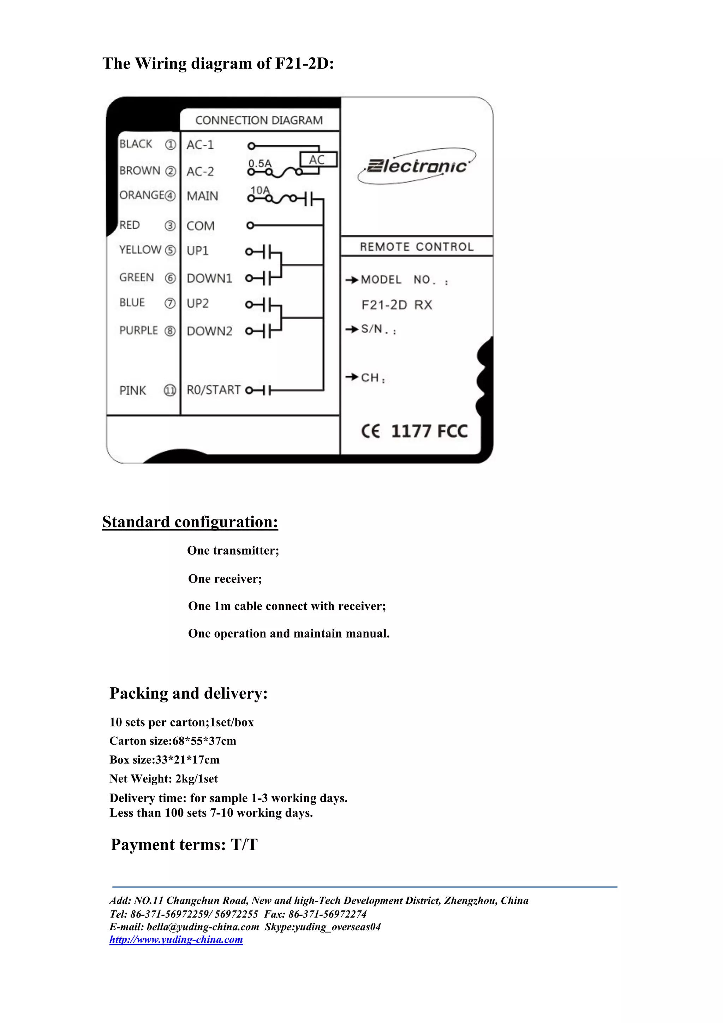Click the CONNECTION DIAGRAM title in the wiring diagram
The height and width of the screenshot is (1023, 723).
coord(259,120)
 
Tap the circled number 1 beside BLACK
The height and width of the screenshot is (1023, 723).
coord(171,145)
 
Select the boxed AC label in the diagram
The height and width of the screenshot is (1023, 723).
coord(317,160)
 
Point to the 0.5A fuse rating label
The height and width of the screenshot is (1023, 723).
coord(260,163)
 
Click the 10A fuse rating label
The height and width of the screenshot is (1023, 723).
coord(260,190)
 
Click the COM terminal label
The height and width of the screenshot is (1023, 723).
coord(201,226)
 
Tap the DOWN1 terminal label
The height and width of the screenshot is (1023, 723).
coord(209,279)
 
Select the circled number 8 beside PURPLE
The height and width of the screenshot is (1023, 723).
coord(170,331)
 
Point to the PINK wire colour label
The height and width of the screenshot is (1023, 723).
coord(133,391)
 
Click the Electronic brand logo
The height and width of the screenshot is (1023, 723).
coord(417,166)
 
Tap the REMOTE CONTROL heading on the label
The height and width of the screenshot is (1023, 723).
coord(417,247)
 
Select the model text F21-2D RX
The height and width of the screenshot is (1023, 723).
coord(397,305)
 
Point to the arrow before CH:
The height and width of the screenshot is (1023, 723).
coord(352,377)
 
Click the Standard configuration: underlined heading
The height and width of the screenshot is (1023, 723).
coord(190,522)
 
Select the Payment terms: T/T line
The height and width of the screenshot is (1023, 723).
coord(184,844)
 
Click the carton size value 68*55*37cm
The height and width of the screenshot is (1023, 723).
coord(204,741)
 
